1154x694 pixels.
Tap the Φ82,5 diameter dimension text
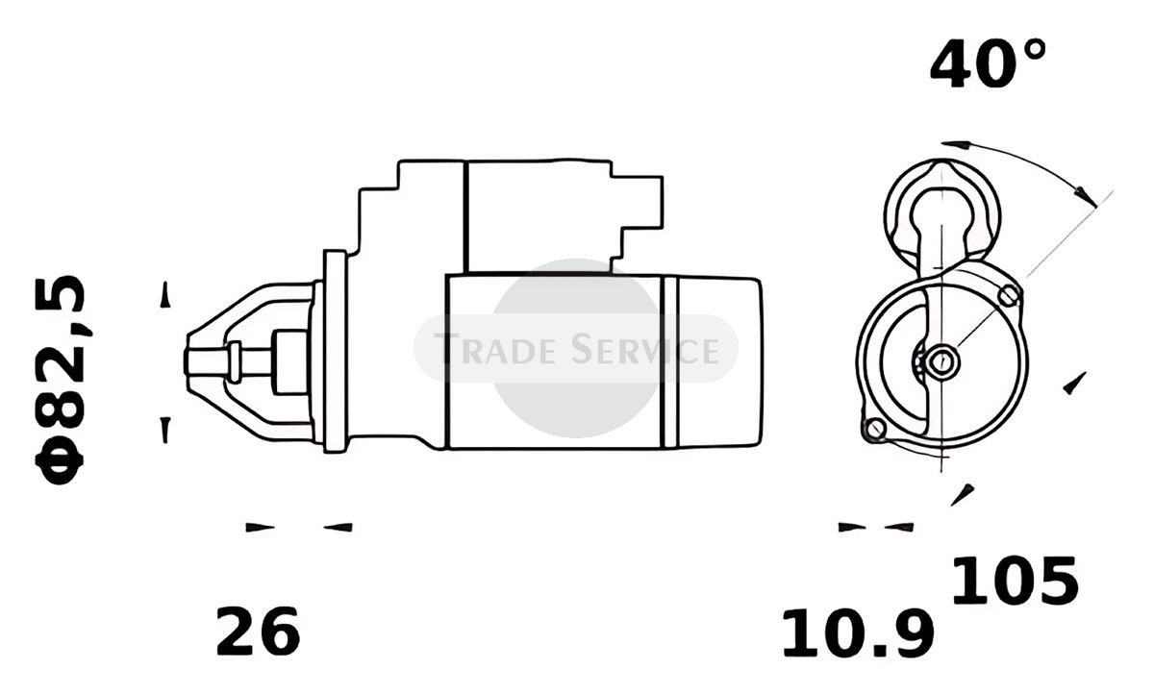[x=60, y=381]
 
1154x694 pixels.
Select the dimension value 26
[x=258, y=632]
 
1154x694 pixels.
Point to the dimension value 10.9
[x=858, y=633]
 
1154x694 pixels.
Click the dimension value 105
[x=1015, y=581]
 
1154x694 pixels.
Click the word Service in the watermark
[x=645, y=349]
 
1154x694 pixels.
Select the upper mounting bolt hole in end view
[x=1009, y=295]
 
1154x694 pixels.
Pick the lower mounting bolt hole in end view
[x=875, y=429]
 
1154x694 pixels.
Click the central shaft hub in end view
[x=942, y=362]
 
